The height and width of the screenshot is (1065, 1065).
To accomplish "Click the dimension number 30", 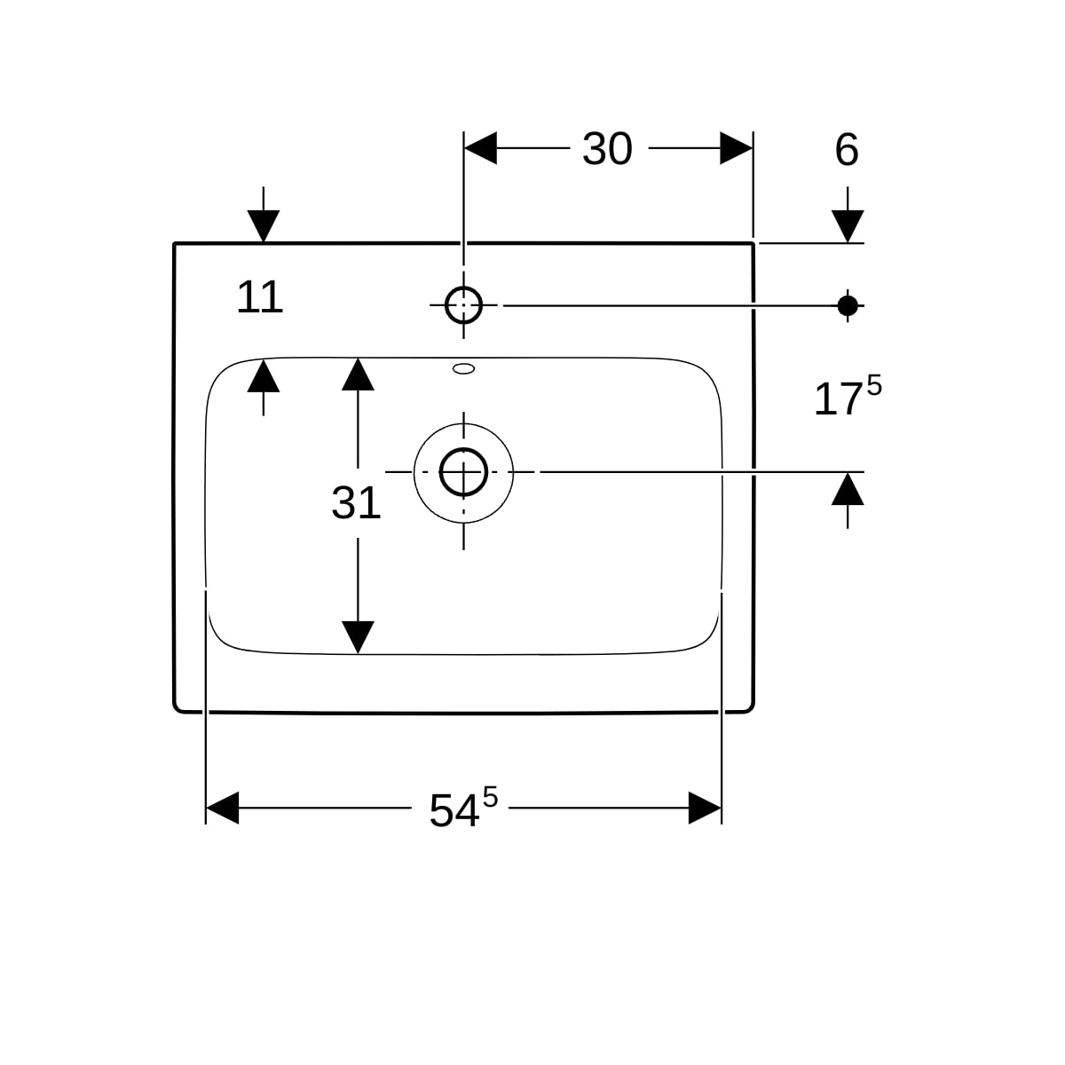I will click(x=607, y=149).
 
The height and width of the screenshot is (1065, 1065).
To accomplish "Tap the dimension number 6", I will click(x=847, y=150).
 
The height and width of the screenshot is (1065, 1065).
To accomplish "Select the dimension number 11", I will click(x=259, y=297).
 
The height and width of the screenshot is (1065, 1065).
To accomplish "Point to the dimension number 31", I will click(x=356, y=503).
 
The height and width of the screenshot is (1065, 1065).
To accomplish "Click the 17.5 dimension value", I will click(x=847, y=398).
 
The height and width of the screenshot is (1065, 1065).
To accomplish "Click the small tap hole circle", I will click(x=463, y=305).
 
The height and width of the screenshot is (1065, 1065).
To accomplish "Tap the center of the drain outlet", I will click(x=463, y=472).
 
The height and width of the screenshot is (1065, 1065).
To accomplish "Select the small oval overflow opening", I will click(x=463, y=367).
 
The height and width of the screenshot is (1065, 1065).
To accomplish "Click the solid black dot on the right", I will click(x=848, y=305).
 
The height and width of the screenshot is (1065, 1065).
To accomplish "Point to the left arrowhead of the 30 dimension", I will click(x=480, y=149).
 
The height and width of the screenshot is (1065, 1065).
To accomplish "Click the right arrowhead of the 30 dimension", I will click(x=737, y=149).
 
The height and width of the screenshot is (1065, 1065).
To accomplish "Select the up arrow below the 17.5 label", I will click(x=848, y=489).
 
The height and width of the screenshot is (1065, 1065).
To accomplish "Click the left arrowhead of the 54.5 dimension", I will click(x=222, y=809).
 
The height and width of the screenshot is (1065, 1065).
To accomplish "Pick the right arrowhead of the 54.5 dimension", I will click(x=705, y=809).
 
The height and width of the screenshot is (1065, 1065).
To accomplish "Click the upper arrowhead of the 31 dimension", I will click(x=358, y=374).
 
